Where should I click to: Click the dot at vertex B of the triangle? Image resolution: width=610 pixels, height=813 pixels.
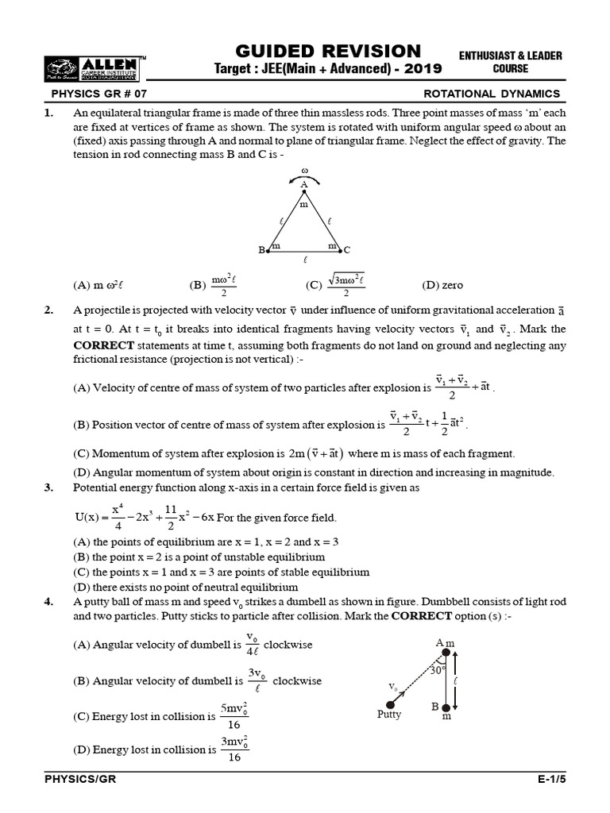tap(268, 250)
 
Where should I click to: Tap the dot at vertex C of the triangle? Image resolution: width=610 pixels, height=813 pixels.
tap(341, 250)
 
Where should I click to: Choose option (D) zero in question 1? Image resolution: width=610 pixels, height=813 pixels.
tap(442, 285)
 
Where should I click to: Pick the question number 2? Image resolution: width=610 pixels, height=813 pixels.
tap(49, 310)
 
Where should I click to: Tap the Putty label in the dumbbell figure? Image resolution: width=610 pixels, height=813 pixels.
tap(389, 715)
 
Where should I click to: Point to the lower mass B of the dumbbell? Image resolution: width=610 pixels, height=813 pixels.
tap(446, 707)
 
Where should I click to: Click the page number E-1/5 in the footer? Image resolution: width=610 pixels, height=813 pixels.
tap(548, 780)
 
